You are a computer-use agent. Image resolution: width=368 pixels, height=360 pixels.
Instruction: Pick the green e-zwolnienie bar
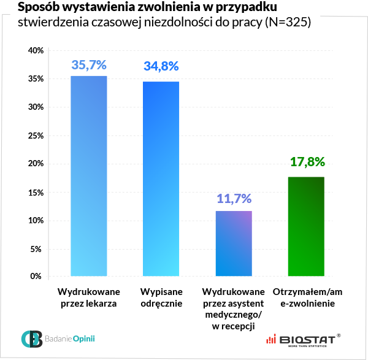point(306,227)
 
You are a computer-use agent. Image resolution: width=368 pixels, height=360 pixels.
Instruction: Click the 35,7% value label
point(89,64)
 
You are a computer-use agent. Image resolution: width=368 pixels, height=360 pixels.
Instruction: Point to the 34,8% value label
point(161,66)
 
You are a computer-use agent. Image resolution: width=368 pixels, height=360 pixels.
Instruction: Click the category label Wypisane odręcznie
point(161,297)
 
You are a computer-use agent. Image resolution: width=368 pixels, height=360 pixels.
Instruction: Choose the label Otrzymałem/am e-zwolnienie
point(306,297)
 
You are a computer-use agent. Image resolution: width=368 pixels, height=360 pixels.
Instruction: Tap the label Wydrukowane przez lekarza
point(89,297)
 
